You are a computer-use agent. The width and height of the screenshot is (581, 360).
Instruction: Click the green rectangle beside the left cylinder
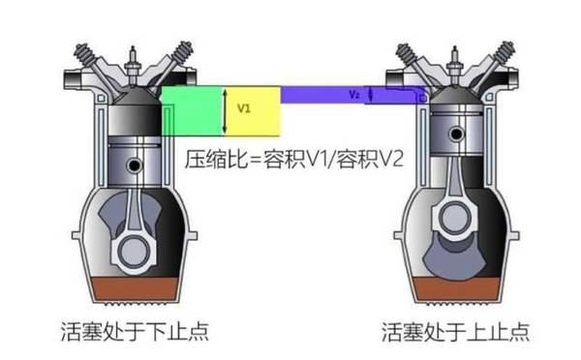click(191, 110)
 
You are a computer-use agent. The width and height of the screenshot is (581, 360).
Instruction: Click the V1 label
click(243, 109)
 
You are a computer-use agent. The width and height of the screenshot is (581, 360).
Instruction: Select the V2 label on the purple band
click(353, 95)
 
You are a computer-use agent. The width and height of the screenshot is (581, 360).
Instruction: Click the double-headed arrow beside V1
click(225, 109)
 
